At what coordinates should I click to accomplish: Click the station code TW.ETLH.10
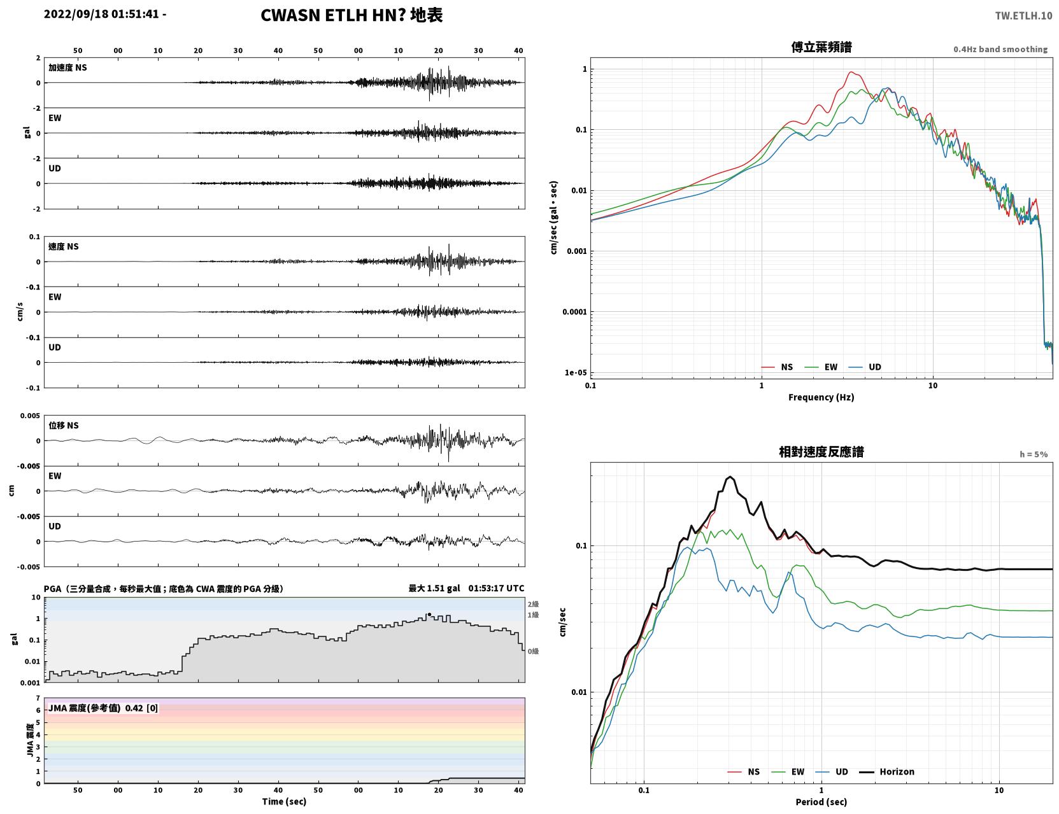(x=1023, y=15)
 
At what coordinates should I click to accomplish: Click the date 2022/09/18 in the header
(x=76, y=13)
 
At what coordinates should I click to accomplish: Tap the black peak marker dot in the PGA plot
(x=429, y=614)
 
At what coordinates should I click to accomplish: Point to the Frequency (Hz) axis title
(x=821, y=397)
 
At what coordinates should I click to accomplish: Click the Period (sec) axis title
(x=821, y=802)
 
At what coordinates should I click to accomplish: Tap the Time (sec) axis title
(x=284, y=801)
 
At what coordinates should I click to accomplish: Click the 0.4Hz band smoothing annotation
(x=1000, y=49)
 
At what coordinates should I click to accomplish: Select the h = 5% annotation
(x=1033, y=454)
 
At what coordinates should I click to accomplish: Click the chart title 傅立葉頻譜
(x=821, y=47)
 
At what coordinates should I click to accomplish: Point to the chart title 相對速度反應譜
(x=821, y=452)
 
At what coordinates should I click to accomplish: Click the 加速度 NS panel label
(x=68, y=67)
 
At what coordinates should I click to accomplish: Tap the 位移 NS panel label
(x=63, y=426)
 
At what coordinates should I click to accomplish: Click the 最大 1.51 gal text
(x=434, y=588)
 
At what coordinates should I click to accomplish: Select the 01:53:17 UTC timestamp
(x=496, y=588)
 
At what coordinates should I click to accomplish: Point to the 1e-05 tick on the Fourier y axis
(x=576, y=373)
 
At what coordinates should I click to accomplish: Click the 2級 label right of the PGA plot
(x=533, y=604)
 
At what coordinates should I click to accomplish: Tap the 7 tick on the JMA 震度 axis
(x=38, y=698)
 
